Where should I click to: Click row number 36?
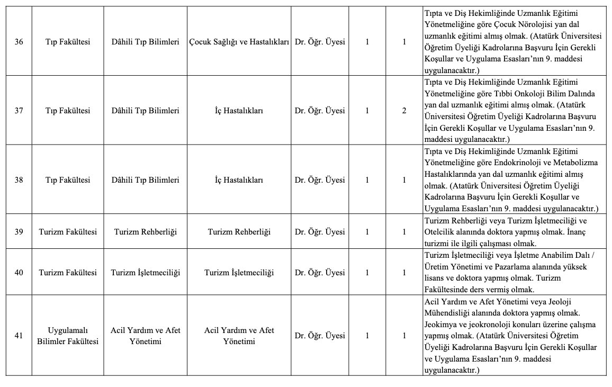[x=19, y=42]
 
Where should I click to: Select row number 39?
[x=19, y=232]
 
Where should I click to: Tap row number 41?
[x=19, y=336]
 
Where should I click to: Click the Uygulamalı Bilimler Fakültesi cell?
[x=68, y=336]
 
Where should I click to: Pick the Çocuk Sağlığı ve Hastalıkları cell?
[x=239, y=42]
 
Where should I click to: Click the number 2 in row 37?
[x=404, y=111]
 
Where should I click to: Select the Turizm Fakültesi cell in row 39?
[x=68, y=232]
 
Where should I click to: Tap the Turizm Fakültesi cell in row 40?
[x=68, y=273]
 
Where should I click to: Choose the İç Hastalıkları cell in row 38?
[x=239, y=180]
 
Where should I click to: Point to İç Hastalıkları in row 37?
[x=239, y=111]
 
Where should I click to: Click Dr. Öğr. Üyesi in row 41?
[x=319, y=336]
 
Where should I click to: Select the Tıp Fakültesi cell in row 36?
[x=68, y=42]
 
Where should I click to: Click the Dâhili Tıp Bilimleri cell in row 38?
[x=146, y=180]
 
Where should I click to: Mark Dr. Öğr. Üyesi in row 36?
[x=319, y=42]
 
